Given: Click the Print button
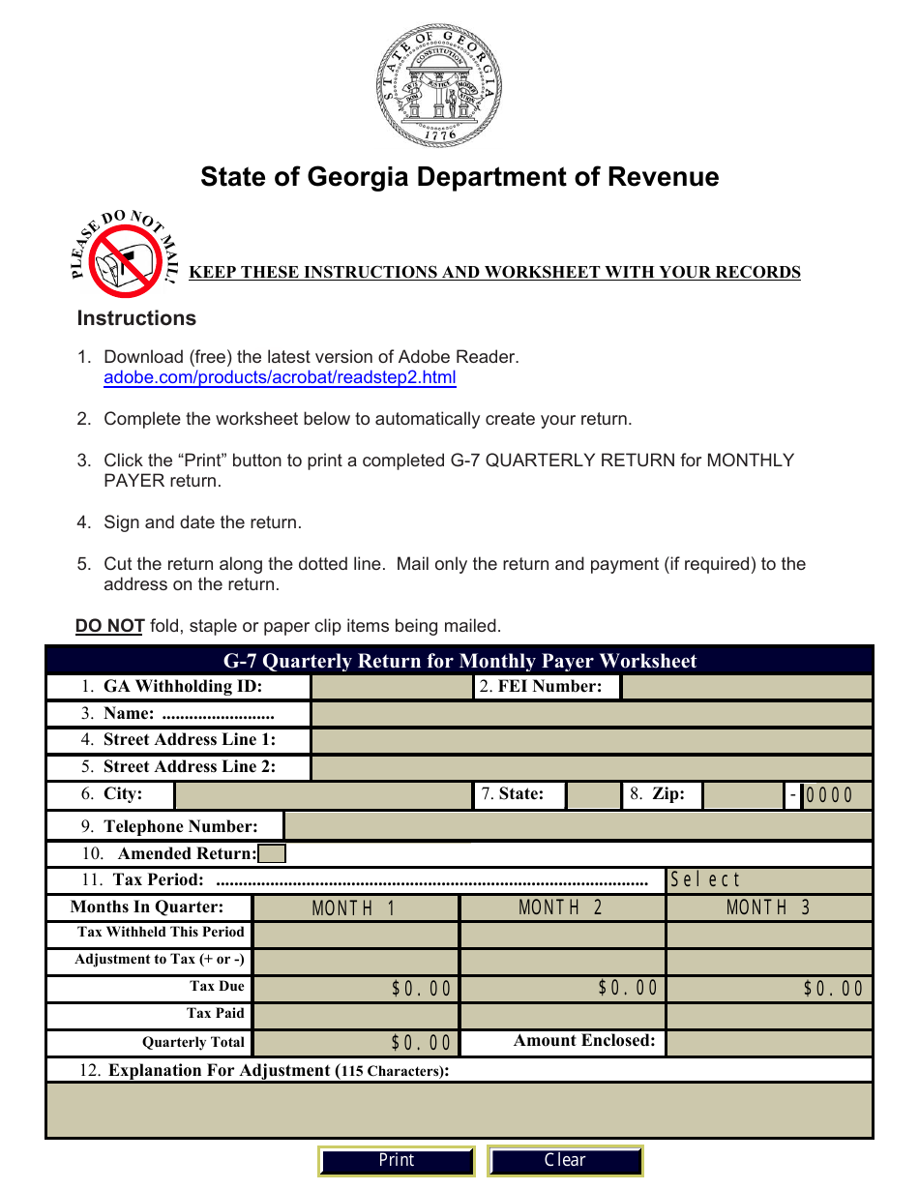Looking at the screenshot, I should click(397, 1161).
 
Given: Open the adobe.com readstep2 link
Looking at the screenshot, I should click(280, 377).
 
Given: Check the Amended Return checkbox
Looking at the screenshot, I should click(273, 853).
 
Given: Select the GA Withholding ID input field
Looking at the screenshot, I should click(391, 687).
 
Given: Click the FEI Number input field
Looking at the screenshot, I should click(746, 687).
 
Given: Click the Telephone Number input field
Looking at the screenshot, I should click(578, 826).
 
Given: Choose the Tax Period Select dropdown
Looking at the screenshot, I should click(769, 880).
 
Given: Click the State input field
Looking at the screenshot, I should click(592, 795).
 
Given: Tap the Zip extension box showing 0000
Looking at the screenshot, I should click(837, 795).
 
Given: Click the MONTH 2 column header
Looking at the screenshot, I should click(562, 907).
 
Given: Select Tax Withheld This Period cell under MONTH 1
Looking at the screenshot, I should click(355, 935).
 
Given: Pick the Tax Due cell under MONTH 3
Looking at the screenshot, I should click(769, 989).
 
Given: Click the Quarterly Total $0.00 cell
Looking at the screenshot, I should click(355, 1043).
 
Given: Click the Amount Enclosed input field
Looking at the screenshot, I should click(769, 1043).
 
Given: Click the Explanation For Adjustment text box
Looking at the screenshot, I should click(459, 1110).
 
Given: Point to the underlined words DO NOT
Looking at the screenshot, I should click(110, 626).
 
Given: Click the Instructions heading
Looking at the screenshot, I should click(136, 318).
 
